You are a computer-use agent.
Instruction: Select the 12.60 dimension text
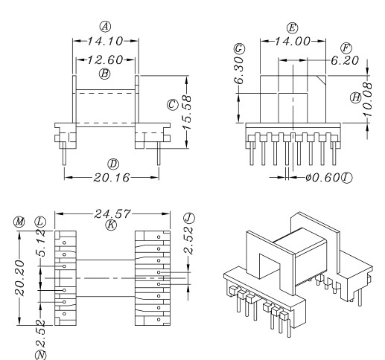105,60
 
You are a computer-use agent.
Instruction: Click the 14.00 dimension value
292,43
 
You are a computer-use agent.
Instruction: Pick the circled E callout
292,28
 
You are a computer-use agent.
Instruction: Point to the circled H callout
356,97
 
